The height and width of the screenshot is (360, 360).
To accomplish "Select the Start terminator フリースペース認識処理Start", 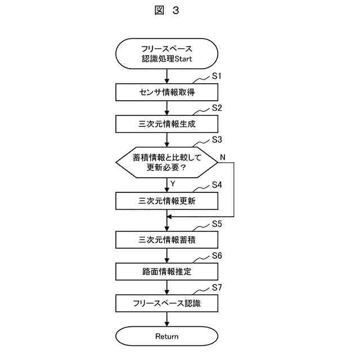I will [x=166, y=54].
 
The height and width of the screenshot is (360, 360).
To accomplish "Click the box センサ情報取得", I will [x=166, y=92].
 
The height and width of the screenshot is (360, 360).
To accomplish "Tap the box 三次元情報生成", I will [x=166, y=123].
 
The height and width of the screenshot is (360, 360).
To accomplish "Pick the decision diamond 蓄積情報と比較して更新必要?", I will [x=166, y=162].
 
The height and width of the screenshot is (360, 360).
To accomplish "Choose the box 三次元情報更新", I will [x=166, y=201].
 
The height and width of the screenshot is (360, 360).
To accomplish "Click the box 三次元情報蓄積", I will [x=166, y=240].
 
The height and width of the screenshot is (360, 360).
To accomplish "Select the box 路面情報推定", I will [x=166, y=272].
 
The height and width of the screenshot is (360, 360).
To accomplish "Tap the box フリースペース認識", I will [x=166, y=304].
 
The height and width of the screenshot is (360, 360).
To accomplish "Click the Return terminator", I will [x=166, y=336].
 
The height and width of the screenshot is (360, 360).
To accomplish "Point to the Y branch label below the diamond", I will [x=173, y=183].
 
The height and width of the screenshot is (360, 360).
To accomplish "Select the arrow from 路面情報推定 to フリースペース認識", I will [x=166, y=287].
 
